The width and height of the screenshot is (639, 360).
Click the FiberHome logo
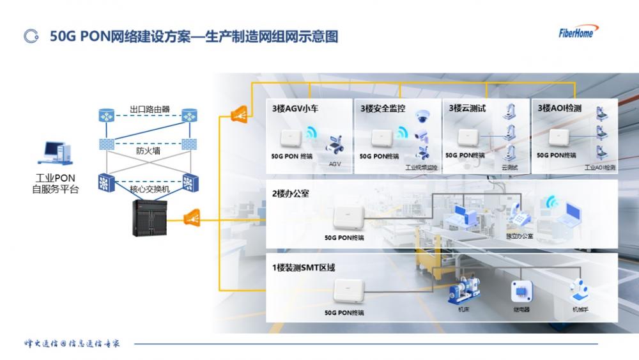[580, 31]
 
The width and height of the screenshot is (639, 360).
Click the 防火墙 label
[149, 152]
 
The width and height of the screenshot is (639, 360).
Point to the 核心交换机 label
[150, 189]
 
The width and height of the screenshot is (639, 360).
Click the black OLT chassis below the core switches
[150, 218]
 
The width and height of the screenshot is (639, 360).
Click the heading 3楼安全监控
[383, 109]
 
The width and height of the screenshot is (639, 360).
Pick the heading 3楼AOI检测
[560, 109]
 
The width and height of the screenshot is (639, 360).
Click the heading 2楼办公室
[291, 193]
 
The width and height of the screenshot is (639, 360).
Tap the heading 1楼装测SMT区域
[304, 267]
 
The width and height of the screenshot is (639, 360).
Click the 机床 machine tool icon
[464, 293]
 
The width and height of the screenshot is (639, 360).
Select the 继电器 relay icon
[521, 292]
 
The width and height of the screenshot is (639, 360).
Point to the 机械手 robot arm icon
[579, 291]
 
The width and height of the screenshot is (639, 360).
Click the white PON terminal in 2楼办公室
[348, 217]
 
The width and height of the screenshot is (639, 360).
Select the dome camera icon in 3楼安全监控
[422, 116]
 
